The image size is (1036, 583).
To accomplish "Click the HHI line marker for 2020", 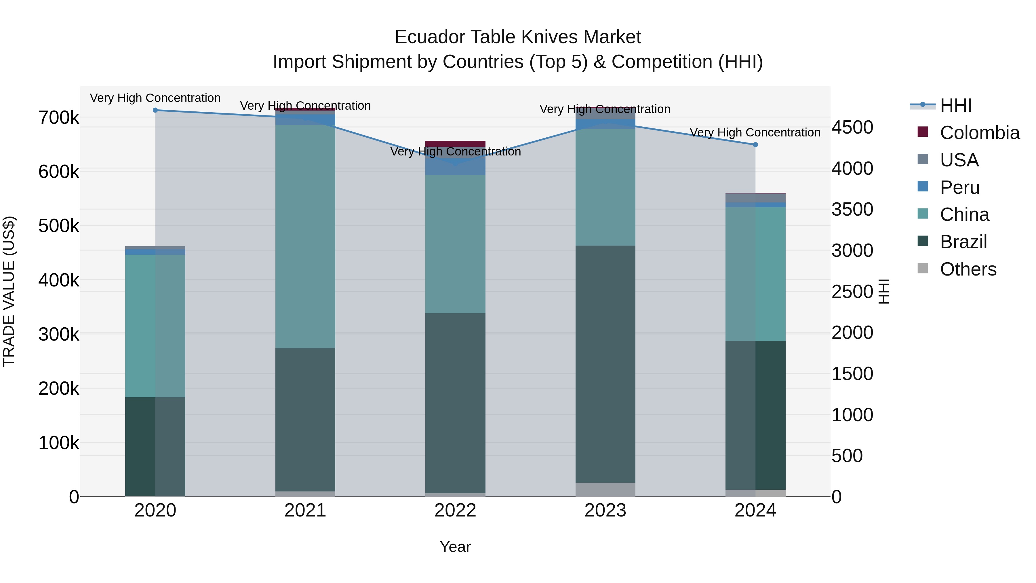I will click(155, 110).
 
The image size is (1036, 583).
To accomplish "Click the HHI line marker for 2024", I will click(755, 145).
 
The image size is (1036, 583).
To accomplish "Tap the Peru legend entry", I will click(959, 187).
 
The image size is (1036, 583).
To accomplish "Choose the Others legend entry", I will click(968, 269).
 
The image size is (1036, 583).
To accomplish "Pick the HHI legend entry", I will click(955, 105).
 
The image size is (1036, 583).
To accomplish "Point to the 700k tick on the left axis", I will click(59, 118).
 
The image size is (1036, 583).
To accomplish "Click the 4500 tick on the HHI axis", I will click(852, 128).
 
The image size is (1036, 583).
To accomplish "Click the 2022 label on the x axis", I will click(455, 510).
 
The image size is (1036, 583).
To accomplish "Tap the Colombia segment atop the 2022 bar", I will click(455, 144).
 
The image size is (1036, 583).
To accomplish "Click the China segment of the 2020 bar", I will click(155, 326).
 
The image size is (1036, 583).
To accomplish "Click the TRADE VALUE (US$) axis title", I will click(9, 291).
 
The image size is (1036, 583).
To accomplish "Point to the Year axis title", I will click(455, 547).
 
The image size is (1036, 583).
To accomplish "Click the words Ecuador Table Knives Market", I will click(518, 37).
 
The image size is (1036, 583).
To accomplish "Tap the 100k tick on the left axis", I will click(59, 443).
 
